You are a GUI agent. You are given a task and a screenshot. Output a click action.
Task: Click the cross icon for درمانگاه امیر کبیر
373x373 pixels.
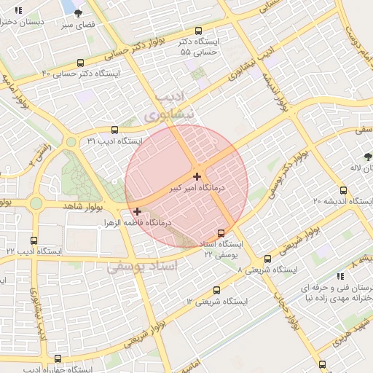tap(197, 176)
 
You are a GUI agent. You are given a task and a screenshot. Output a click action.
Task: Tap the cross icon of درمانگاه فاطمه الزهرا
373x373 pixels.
tap(137, 211)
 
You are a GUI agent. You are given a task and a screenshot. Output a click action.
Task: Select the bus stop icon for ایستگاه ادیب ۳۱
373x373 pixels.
tap(114, 130)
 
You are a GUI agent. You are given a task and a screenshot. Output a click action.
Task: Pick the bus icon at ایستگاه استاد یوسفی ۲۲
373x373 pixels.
tap(221, 234)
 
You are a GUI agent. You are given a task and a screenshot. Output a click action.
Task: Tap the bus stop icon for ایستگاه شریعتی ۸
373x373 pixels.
tap(267, 259)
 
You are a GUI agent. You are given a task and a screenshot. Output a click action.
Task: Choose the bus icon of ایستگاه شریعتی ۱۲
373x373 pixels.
tap(216, 289)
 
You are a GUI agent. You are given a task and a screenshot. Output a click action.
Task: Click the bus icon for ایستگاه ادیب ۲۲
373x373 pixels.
tap(34, 240)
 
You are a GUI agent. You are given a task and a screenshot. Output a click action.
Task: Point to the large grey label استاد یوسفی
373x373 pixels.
tap(142, 267)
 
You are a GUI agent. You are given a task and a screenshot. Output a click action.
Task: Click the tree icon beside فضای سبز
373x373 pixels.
tap(79, 12)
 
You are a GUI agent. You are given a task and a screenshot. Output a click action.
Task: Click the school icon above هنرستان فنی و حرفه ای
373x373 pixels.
tap(339, 276)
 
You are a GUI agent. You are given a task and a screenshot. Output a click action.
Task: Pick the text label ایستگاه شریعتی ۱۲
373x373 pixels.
tap(216, 301)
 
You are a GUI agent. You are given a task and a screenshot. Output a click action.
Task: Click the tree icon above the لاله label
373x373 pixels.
tap(369, 156)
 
